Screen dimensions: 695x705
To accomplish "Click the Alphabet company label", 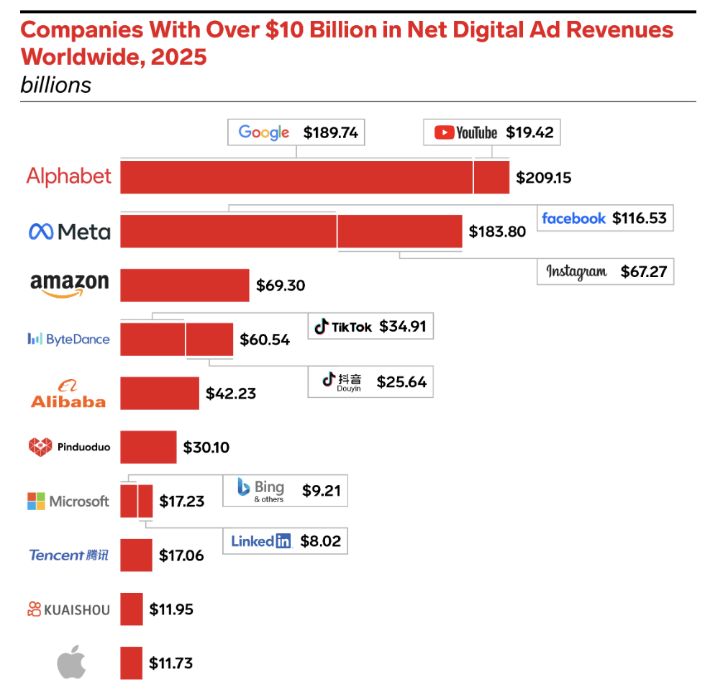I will pos(69,176).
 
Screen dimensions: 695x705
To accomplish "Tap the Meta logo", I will pos(70,231).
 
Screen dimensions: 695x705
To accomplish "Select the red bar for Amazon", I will pos(184,285).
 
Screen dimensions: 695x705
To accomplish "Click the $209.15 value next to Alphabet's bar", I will pos(544,177).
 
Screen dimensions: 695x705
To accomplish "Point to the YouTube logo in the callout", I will pos(466,132).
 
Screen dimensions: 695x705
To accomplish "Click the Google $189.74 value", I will pos(330,132).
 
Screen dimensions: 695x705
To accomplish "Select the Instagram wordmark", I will pos(576,271).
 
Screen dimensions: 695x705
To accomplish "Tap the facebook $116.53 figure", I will pos(640,218).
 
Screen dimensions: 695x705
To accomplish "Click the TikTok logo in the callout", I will pos(343,327).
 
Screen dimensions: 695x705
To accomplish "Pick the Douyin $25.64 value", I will pos(401,381).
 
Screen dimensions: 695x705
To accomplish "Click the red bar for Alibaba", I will pos(159,393).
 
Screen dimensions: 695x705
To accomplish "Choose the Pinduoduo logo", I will pos(69,447).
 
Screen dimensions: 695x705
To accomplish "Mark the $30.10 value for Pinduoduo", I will pos(206,448).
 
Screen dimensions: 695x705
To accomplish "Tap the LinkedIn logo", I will pos(261,540).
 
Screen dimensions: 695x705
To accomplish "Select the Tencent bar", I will pos(136,555).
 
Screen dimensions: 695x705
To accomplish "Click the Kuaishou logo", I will pos(69,609).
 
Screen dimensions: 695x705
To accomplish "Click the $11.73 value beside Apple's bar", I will pos(170,663).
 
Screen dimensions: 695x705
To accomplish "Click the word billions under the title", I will pos(56,85).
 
